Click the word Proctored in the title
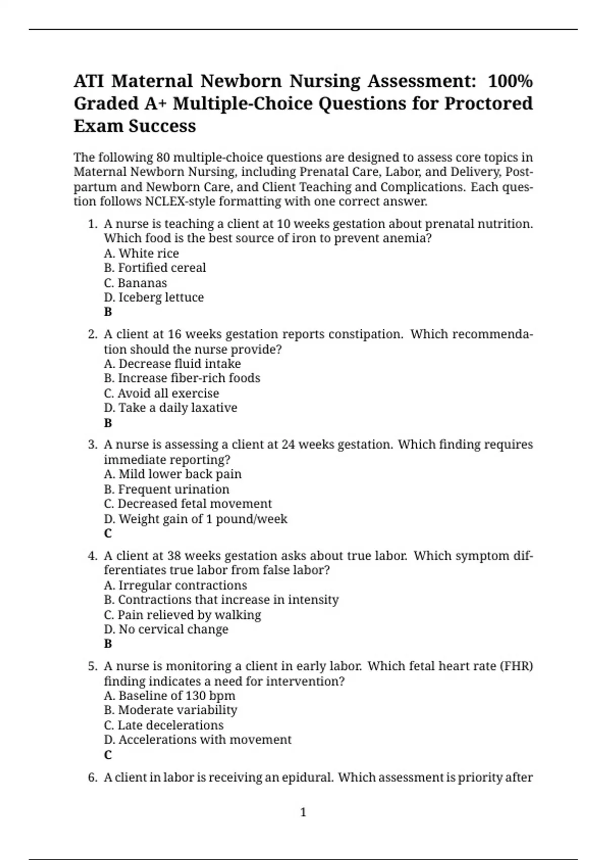(488, 103)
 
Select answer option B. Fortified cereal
(155, 268)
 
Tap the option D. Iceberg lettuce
(154, 297)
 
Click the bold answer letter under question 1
(108, 312)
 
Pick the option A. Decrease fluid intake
(172, 364)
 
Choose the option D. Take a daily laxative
(170, 408)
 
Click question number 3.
(92, 445)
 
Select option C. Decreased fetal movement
(188, 504)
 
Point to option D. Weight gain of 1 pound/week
(195, 519)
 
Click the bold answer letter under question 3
(108, 534)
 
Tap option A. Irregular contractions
(175, 585)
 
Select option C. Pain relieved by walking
(182, 615)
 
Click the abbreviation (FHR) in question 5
(516, 666)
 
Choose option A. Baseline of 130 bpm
(169, 696)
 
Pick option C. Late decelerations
(163, 725)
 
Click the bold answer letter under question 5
(108, 755)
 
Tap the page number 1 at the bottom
(303, 812)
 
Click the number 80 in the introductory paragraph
(163, 157)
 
